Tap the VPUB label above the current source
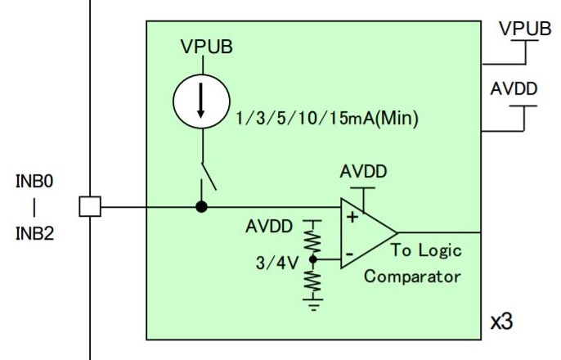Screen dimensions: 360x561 point(206,47)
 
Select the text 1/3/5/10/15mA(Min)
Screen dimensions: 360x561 point(326,119)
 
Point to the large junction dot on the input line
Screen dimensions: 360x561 point(202,207)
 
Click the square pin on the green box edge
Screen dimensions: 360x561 point(90,207)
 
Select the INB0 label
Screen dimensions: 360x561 point(34,181)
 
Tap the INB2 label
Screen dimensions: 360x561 point(34,233)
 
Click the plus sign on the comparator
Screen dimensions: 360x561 point(352,217)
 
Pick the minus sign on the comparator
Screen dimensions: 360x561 point(349,254)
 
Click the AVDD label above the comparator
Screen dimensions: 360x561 point(364,173)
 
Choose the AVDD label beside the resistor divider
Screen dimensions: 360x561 point(268,227)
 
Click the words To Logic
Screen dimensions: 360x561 point(425,250)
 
